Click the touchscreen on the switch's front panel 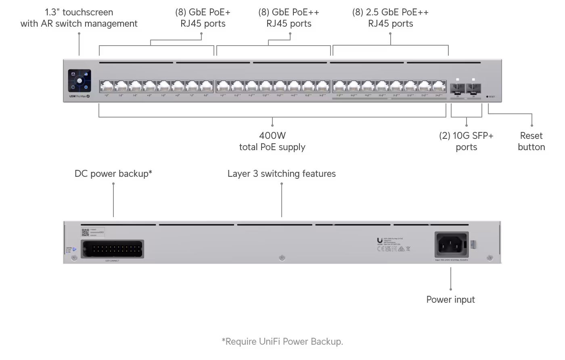80,81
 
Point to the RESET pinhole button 488,97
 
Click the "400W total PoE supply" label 272,141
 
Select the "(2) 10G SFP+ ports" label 466,141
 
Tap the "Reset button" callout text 531,141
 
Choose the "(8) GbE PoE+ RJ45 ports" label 203,18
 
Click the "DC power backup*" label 113,174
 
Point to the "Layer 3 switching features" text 281,174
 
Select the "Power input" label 450,299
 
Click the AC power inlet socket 451,244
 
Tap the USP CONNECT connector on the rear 112,249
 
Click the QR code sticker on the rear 85,232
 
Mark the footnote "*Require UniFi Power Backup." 282,341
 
